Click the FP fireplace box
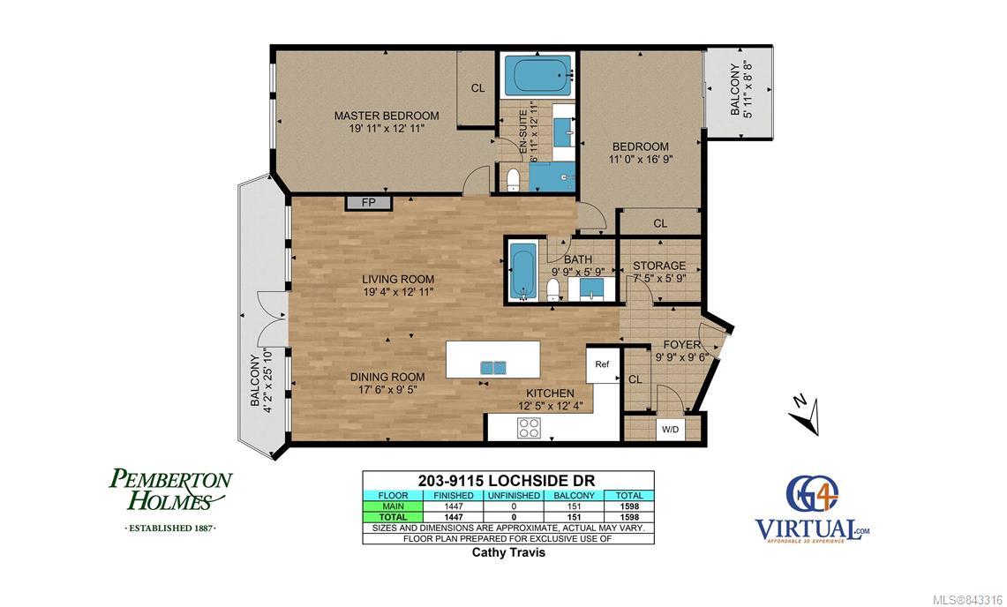click(x=369, y=203)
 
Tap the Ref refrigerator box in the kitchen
click(x=603, y=365)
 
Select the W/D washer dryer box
click(x=671, y=429)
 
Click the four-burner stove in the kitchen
click(x=530, y=428)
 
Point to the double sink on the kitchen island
click(x=494, y=367)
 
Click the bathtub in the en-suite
click(x=538, y=75)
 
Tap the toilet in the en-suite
click(x=513, y=179)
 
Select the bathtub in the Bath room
click(x=522, y=271)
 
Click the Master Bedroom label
click(x=387, y=116)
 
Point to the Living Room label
click(x=398, y=280)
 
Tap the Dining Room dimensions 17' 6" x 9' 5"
click(x=388, y=388)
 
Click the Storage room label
click(x=659, y=266)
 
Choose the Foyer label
click(x=682, y=345)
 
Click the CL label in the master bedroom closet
click(x=477, y=88)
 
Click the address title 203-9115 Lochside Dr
click(x=507, y=481)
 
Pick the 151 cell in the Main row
click(x=575, y=506)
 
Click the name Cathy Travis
click(x=508, y=551)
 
